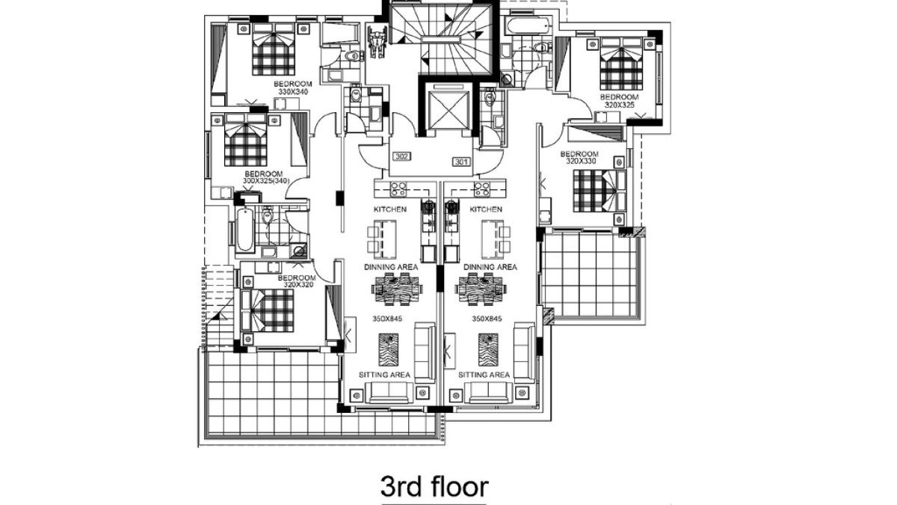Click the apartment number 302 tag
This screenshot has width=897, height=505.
click(x=402, y=157)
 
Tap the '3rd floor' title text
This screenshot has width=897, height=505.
click(x=434, y=486)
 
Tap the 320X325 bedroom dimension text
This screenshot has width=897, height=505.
click(x=620, y=105)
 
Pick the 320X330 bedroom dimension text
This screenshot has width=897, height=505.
click(x=582, y=161)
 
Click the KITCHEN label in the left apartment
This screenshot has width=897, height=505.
click(x=389, y=209)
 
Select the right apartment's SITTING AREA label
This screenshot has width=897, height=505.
click(x=484, y=375)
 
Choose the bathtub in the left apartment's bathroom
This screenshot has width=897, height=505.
click(x=244, y=230)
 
